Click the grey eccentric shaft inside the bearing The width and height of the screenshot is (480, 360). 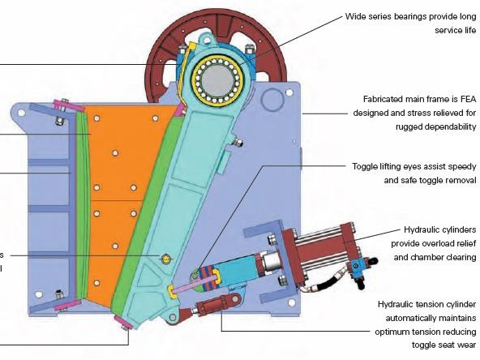pos(217,80)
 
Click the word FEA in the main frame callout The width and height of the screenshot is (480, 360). pos(468,99)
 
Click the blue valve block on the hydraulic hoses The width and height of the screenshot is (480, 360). pos(357,266)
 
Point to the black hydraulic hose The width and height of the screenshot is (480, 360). pos(327,281)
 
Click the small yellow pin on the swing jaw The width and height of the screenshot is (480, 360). pos(165,259)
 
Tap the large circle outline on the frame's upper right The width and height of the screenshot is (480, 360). pos(272,100)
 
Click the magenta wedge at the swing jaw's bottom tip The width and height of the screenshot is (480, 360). pos(124,323)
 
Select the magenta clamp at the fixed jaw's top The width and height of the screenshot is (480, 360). pos(69,105)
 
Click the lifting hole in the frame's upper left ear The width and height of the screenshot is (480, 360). pos(21,113)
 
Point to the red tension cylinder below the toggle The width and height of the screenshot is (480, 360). pos(212,306)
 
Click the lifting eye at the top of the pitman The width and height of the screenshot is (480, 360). pos(208,40)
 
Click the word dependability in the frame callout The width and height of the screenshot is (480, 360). pos(436,127)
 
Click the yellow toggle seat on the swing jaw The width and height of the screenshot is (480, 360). pos(172,293)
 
